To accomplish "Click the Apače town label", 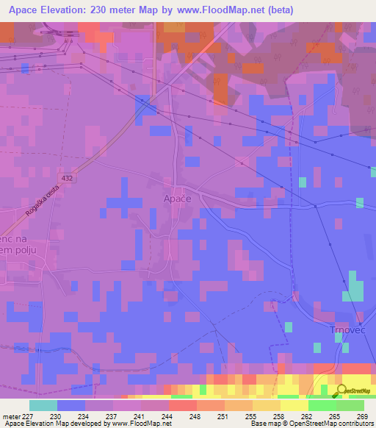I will tap(177, 199).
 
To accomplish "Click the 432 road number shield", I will tap(68, 179).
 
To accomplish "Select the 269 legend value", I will tap(361, 415).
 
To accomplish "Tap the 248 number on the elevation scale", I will tap(195, 415).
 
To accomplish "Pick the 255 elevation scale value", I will tap(250, 415).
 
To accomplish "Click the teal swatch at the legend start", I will tap(43, 405).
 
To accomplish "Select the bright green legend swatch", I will tap(322, 405).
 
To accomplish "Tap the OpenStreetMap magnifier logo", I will tap(341, 390).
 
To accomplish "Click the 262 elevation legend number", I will tap(305, 415).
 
